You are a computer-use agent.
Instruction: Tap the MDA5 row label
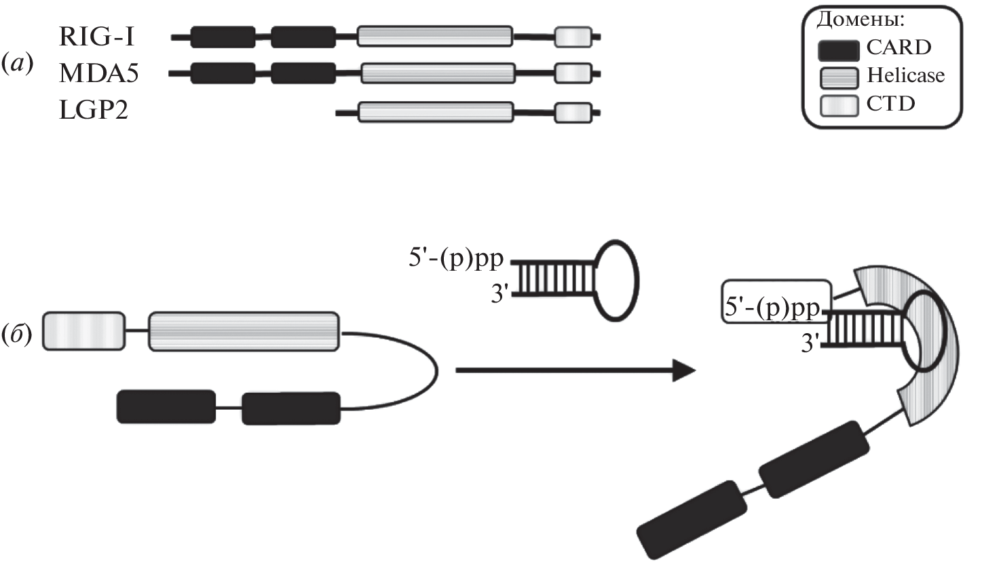pos(99,73)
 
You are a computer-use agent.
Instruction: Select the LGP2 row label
pos(94,109)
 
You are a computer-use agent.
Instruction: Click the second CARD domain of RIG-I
pos(303,37)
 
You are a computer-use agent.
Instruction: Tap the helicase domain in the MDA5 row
pos(438,73)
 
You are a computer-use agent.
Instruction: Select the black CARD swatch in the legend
pos(839,49)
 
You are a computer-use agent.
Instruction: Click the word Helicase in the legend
pos(905,75)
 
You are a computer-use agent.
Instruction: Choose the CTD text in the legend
pos(890,104)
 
